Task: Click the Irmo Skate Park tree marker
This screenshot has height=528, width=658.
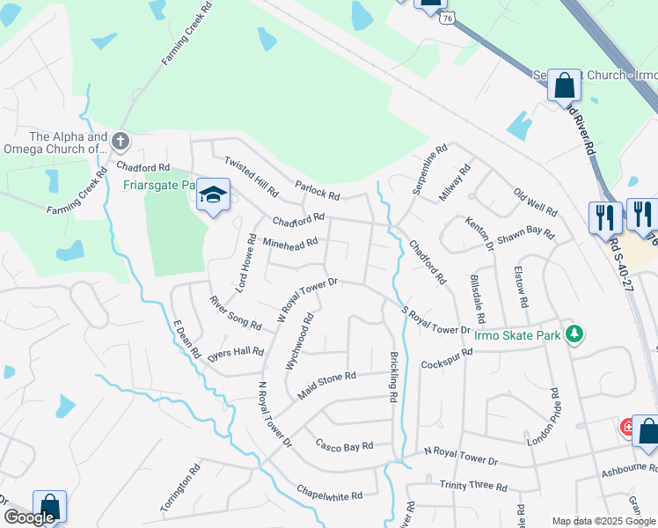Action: (x=574, y=334)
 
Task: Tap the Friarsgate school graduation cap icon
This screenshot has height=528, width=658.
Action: (x=213, y=194)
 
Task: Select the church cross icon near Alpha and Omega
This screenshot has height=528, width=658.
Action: (x=121, y=140)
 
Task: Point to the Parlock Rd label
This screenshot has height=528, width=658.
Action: (x=318, y=190)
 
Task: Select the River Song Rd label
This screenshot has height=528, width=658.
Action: (x=235, y=313)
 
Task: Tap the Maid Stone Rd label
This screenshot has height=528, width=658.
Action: (x=326, y=385)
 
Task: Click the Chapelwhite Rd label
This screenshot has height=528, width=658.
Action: (x=330, y=495)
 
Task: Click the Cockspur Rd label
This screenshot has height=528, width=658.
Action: (x=447, y=358)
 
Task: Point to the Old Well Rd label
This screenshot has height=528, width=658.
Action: (x=536, y=204)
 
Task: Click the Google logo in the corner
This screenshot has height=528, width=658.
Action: (x=29, y=517)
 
